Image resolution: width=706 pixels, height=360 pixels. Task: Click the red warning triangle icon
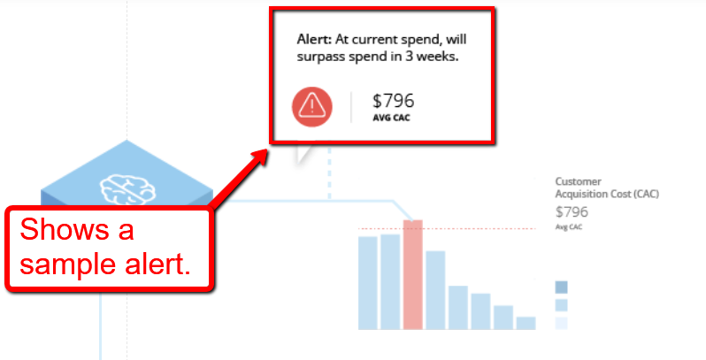312,107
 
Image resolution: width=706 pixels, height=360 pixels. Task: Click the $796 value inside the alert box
393,101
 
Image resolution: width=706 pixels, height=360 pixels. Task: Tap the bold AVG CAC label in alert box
391,118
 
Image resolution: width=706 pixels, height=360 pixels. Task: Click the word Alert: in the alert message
314,40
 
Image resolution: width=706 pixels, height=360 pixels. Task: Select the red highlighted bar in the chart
413,274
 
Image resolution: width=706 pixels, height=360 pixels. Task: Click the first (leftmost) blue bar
368,283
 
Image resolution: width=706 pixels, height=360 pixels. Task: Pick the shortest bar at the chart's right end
526,323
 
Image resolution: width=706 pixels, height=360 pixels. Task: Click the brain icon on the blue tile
127,190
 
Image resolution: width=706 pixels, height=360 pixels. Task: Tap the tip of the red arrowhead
267,149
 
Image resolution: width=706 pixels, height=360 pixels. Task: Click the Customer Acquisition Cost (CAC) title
607,188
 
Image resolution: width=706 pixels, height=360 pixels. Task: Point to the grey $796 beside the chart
572,211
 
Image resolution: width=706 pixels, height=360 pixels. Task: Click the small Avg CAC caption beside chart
569,227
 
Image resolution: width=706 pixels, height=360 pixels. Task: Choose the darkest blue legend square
562,287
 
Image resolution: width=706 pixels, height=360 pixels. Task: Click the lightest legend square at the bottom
562,323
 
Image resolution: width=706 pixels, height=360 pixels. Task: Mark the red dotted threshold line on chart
447,228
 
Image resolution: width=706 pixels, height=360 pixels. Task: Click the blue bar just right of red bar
435,290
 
